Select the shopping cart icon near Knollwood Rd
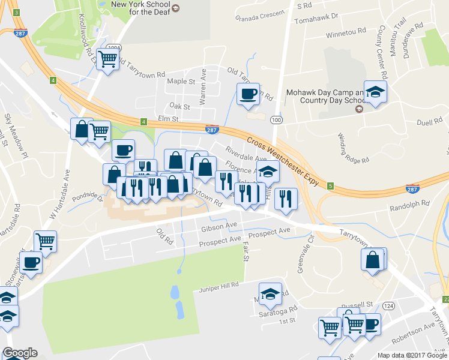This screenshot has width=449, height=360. tap(108, 59)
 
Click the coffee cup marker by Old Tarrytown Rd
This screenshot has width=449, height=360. tap(247, 94)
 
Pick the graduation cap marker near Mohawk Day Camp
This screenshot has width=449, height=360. tap(375, 92)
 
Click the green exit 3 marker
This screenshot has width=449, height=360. tap(16, 13)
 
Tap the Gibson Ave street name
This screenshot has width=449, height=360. tap(220, 227)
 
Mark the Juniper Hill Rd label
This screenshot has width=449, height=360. tap(219, 286)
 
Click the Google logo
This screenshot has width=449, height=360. tap(20, 353)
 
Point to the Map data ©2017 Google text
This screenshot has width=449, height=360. tap(411, 355)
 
